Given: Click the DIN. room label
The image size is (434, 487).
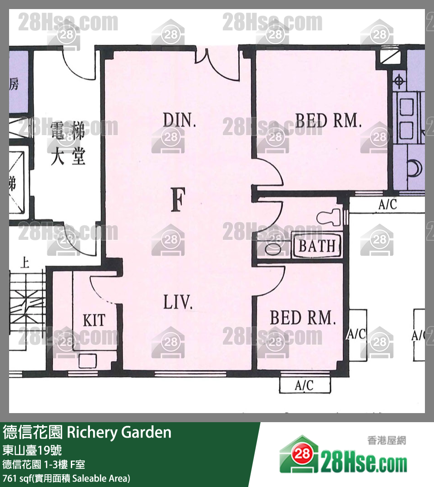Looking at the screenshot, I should (x=179, y=121).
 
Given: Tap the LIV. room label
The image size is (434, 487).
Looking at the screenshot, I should (x=178, y=303).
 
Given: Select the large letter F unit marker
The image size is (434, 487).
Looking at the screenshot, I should (x=178, y=201).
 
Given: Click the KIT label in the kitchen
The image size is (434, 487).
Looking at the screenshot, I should (x=94, y=321).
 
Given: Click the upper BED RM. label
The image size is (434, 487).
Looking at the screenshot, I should (x=328, y=121).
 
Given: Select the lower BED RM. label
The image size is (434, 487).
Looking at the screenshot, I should (x=303, y=318).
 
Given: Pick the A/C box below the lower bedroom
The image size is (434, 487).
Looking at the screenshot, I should (x=304, y=385).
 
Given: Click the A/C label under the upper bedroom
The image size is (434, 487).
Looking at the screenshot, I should (x=387, y=205).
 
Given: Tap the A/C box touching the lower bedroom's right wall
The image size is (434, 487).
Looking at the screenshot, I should (x=357, y=335).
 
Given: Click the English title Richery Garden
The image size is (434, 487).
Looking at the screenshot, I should (x=119, y=432).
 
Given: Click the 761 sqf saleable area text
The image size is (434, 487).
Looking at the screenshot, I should (x=66, y=478).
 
